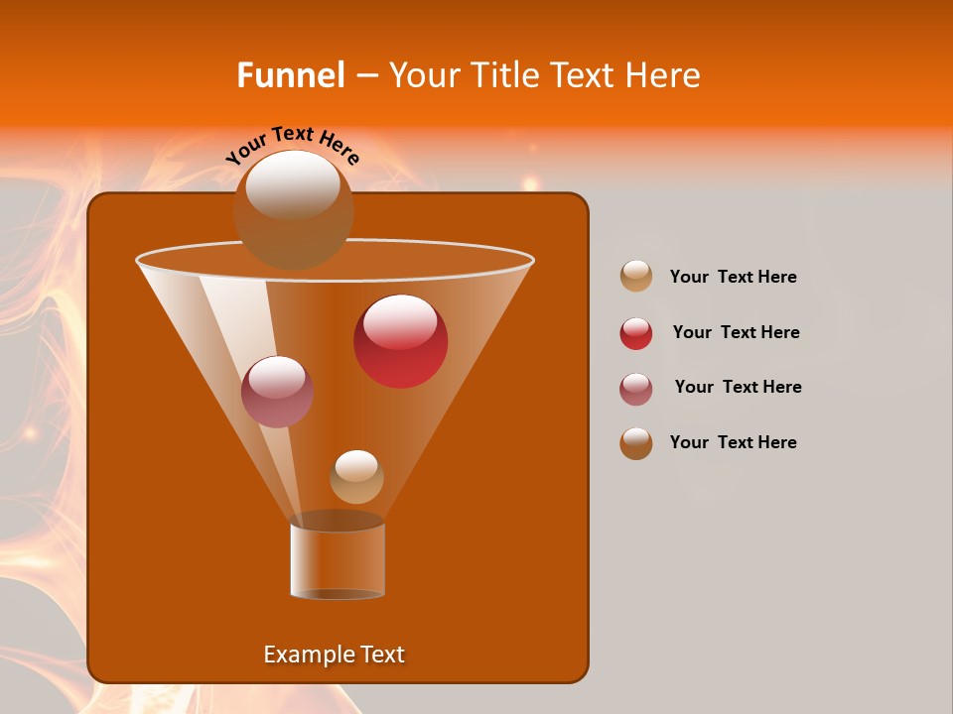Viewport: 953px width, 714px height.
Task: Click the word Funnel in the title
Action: (291, 75)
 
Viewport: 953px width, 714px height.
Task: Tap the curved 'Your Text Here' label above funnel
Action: (293, 145)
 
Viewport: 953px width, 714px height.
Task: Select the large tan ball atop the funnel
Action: (293, 210)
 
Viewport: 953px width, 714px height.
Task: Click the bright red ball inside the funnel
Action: (400, 341)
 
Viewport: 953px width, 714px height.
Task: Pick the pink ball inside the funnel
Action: (277, 392)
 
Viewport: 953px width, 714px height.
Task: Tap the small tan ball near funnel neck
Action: (356, 477)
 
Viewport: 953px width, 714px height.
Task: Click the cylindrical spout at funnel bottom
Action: (338, 560)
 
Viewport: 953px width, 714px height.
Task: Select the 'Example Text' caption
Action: (335, 654)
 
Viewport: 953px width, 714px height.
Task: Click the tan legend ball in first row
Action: (636, 277)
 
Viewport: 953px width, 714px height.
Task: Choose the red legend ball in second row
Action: (636, 333)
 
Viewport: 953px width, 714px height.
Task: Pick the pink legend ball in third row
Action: (636, 389)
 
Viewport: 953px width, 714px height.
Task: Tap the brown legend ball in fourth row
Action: (636, 443)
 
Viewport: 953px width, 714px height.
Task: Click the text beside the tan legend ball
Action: (733, 277)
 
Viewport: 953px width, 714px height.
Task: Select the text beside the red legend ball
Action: (736, 332)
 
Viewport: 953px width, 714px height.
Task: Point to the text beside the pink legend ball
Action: (738, 387)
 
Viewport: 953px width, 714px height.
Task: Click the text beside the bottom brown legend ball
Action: (733, 442)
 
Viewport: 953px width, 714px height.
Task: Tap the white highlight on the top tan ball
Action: (293, 184)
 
